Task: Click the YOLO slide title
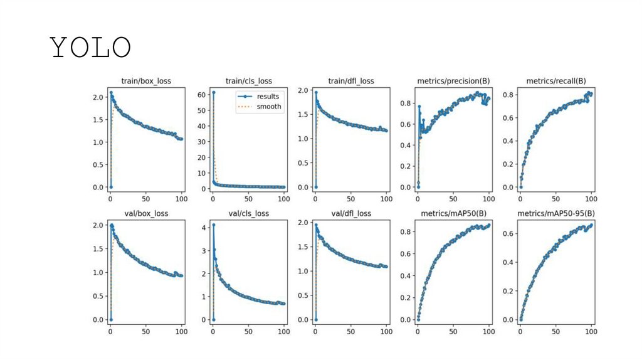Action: click(x=90, y=48)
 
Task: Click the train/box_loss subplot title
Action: click(x=146, y=81)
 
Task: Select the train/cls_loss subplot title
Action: click(x=248, y=81)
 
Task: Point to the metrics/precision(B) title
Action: click(x=453, y=81)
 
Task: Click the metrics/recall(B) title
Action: click(x=555, y=81)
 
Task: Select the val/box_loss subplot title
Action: click(x=146, y=213)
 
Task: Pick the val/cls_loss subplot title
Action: click(x=248, y=213)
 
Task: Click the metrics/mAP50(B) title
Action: click(x=453, y=213)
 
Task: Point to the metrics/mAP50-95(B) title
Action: click(x=555, y=213)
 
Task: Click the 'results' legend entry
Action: click(x=268, y=97)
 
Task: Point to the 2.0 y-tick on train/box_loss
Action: click(x=98, y=97)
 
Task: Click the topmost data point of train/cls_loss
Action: click(x=213, y=92)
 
